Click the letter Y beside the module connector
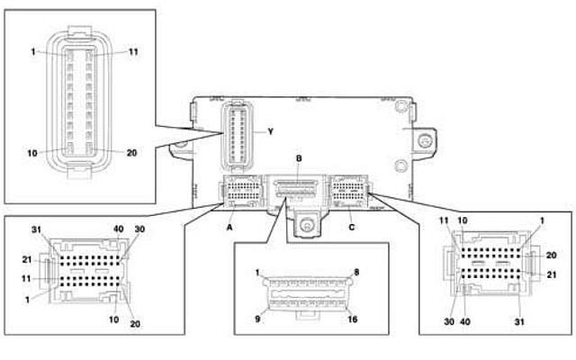pyautogui.click(x=268, y=130)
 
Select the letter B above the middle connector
pyautogui.click(x=299, y=158)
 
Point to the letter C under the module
pyautogui.click(x=352, y=228)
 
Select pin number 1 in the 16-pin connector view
pyautogui.click(x=256, y=272)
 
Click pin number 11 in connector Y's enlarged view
pyautogui.click(x=133, y=52)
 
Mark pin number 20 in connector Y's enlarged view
pyautogui.click(x=131, y=153)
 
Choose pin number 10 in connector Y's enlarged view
pyautogui.click(x=32, y=153)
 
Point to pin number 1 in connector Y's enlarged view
pyautogui.click(x=32, y=52)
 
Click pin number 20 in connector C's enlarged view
pyautogui.click(x=550, y=256)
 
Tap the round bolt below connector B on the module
pyautogui.click(x=307, y=227)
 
